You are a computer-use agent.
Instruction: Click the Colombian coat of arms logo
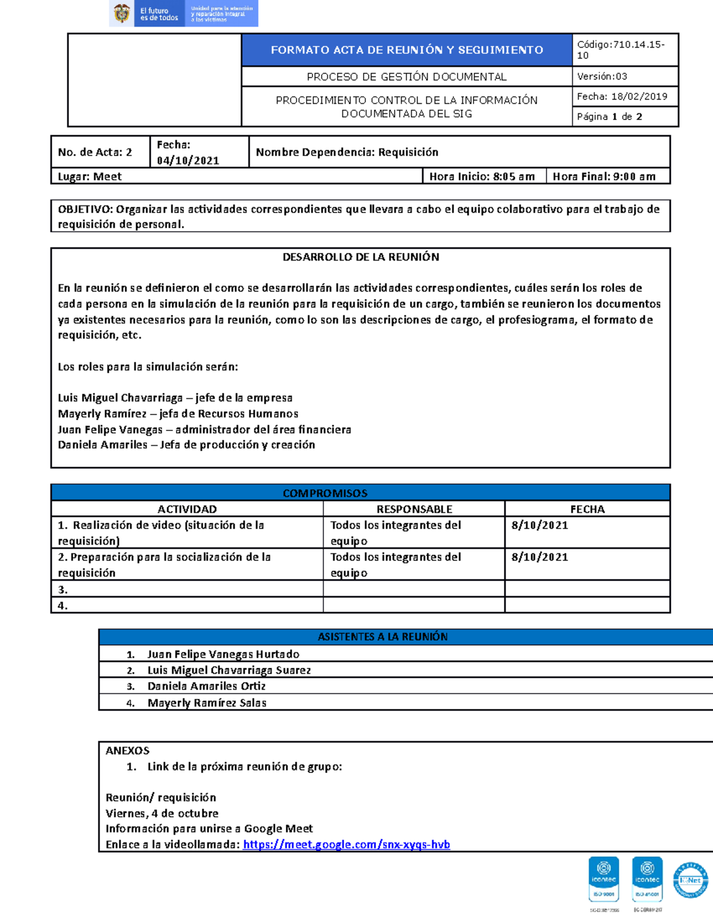pyautogui.click(x=122, y=14)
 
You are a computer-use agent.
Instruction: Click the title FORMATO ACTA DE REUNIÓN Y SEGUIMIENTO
pyautogui.click(x=406, y=50)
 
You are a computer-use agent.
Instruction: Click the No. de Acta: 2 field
pyautogui.click(x=95, y=153)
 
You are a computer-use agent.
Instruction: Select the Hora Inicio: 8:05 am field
pyautogui.click(x=482, y=176)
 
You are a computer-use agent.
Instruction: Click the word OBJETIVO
pyautogui.click(x=84, y=209)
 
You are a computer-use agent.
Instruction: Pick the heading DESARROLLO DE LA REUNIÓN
pyautogui.click(x=361, y=257)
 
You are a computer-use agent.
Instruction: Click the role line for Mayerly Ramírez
pyautogui.click(x=178, y=414)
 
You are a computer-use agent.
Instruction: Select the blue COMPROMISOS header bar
pyautogui.click(x=325, y=493)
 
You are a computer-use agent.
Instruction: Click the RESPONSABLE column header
pyautogui.click(x=414, y=509)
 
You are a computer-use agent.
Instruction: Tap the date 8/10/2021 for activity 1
pyautogui.click(x=540, y=525)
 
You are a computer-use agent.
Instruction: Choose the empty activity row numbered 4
pyautogui.click(x=187, y=606)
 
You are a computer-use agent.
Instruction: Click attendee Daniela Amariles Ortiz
pyautogui.click(x=206, y=686)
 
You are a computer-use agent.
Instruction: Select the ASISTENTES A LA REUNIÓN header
pyautogui.click(x=383, y=637)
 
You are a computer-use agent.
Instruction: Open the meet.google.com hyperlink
pyautogui.click(x=346, y=845)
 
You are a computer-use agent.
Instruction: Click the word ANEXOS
pyautogui.click(x=127, y=751)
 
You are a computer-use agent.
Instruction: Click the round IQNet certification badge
pyautogui.click(x=690, y=880)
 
